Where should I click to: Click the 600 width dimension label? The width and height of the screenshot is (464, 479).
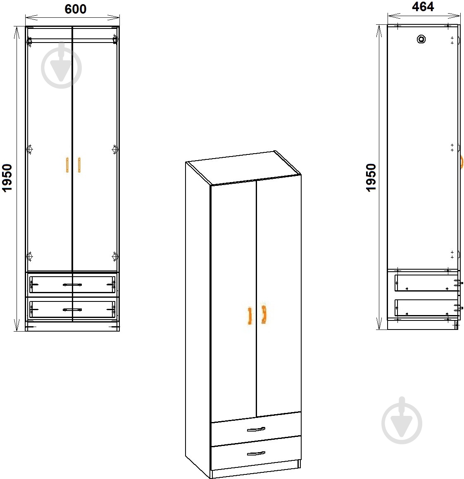(x=76, y=9)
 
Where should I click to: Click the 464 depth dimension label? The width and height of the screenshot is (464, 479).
(x=423, y=7)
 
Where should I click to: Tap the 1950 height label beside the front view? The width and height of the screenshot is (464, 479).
(x=7, y=178)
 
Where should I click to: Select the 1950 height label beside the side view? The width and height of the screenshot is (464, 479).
(x=371, y=178)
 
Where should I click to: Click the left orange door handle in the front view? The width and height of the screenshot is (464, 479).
(x=67, y=165)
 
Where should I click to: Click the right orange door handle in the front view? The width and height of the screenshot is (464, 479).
(x=79, y=165)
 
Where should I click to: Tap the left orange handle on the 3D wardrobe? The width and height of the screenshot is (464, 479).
(x=250, y=315)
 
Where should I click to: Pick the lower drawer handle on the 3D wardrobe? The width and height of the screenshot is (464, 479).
(x=256, y=453)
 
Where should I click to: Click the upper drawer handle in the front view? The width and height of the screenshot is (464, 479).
(x=72, y=285)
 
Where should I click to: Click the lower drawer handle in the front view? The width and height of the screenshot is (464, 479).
(x=72, y=310)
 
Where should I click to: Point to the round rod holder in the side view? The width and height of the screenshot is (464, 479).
(x=421, y=39)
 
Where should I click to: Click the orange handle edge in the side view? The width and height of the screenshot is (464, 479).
(x=462, y=161)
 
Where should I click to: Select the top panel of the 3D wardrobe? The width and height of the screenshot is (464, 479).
(x=243, y=168)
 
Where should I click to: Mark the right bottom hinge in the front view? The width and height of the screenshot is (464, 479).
(x=115, y=256)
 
